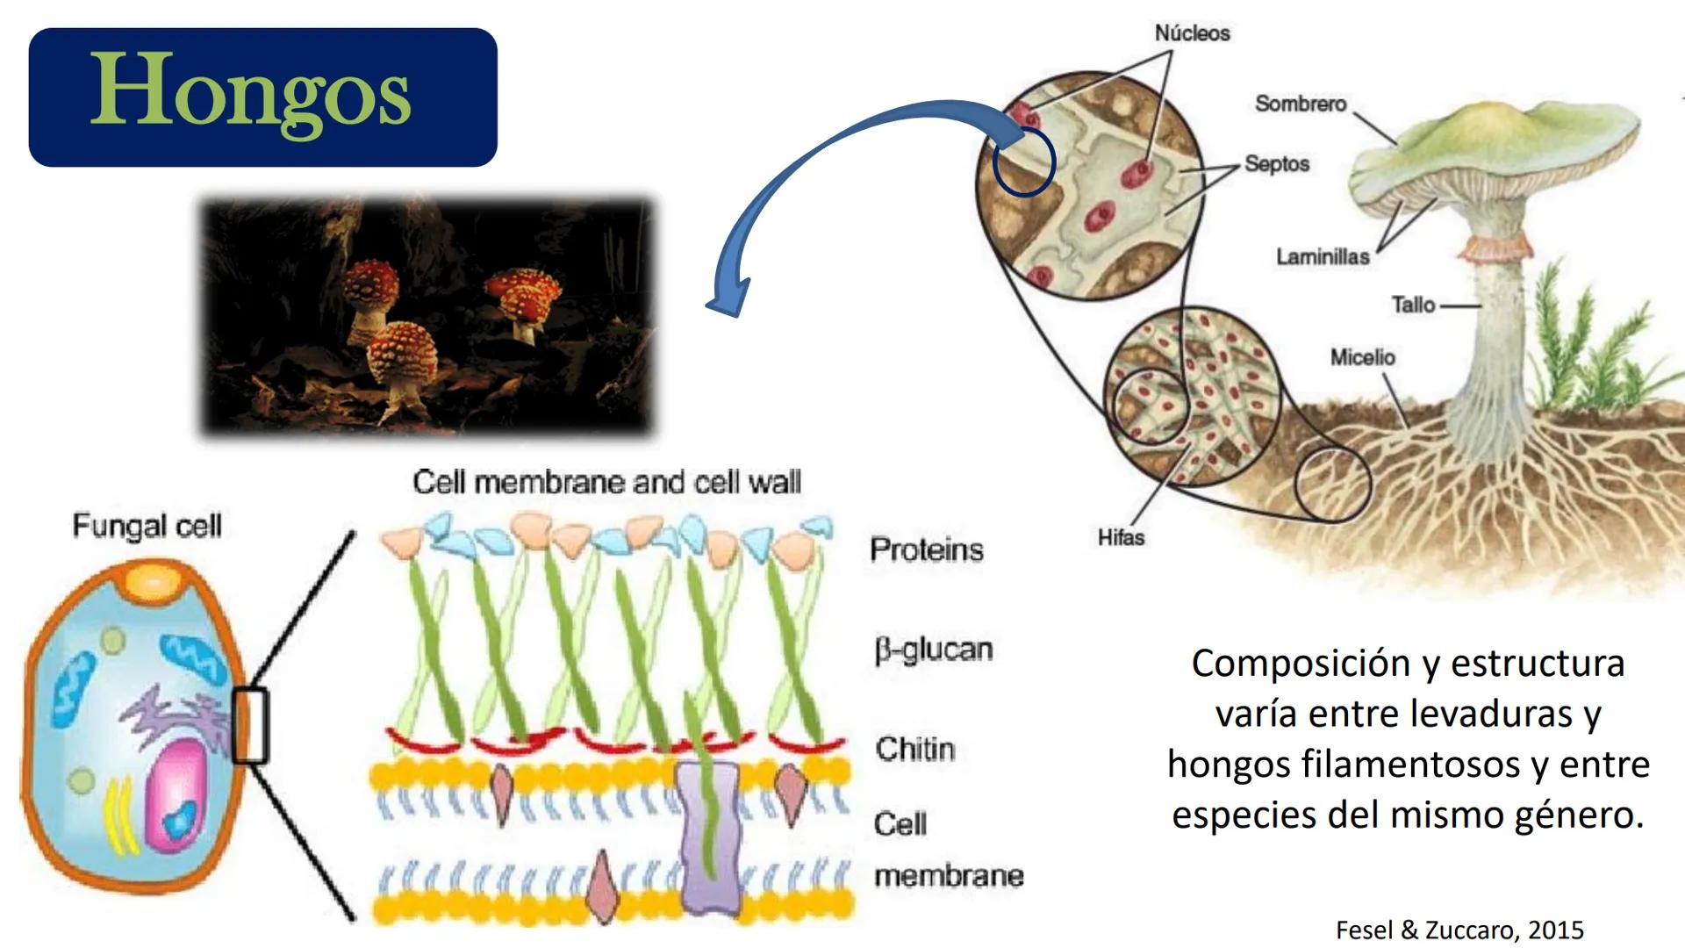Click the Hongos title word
[251, 95]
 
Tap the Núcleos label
[1192, 33]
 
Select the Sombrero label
[1301, 104]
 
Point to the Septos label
[1277, 164]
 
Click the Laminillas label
[1323, 256]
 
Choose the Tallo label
[1413, 305]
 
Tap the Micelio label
[1362, 357]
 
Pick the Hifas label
[1121, 536]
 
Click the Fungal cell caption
[147, 526]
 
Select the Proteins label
[927, 549]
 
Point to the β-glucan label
[934, 650]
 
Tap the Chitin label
[914, 749]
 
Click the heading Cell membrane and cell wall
[606, 482]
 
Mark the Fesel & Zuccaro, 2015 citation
[1459, 930]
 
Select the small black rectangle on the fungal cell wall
[250, 726]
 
